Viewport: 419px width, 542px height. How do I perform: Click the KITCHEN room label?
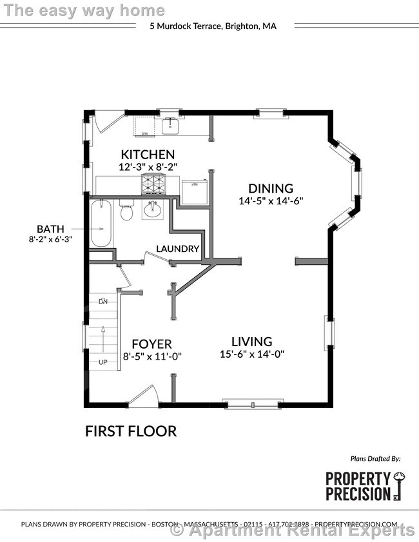tap(148, 154)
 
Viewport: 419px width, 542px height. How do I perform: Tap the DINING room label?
tap(271, 188)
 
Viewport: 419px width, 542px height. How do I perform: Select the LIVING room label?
tap(252, 342)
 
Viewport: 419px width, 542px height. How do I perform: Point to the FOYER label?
tap(151, 344)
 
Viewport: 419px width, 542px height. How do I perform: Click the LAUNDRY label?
tap(178, 249)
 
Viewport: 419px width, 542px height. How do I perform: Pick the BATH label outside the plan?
tap(50, 228)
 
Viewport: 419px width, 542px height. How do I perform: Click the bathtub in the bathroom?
tap(101, 224)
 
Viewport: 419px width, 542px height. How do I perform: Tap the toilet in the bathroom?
tap(127, 211)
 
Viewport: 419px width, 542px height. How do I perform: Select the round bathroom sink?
tap(154, 209)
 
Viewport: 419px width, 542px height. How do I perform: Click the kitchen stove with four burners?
tap(153, 185)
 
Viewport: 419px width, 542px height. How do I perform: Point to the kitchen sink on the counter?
tap(170, 125)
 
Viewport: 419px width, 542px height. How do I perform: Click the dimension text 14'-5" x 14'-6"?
tap(271, 200)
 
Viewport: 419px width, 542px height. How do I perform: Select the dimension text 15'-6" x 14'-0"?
tap(252, 354)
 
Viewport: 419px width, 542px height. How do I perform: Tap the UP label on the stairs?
tap(102, 362)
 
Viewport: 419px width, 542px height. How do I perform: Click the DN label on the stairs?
tap(102, 301)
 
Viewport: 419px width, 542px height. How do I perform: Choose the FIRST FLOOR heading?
tap(131, 431)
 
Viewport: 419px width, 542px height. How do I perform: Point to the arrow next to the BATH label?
tap(81, 228)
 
